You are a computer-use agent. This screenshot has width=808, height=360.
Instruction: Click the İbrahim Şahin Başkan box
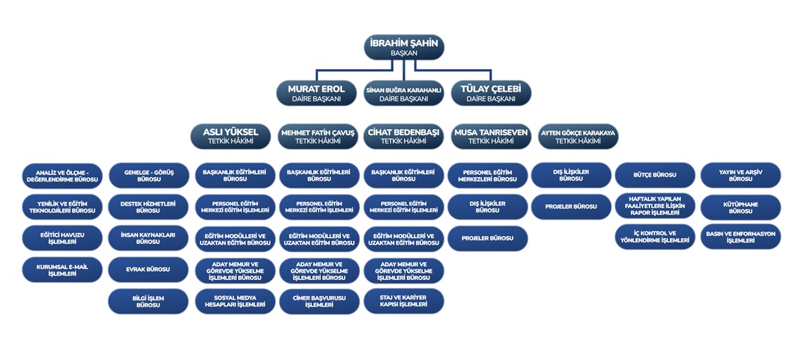[x=403, y=47]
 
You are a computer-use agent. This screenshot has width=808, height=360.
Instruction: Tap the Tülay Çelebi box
[x=490, y=93]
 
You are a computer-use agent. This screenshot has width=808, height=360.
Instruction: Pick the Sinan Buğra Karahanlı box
[x=403, y=93]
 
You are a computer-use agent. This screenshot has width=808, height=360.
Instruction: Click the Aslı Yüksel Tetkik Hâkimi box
[x=230, y=136]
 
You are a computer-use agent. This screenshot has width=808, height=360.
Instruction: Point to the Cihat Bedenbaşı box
[x=403, y=136]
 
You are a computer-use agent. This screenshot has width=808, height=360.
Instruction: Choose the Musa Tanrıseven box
[x=490, y=136]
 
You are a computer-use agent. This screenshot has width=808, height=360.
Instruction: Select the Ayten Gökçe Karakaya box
[x=577, y=136]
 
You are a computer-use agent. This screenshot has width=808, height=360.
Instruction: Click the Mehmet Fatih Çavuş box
[x=317, y=136]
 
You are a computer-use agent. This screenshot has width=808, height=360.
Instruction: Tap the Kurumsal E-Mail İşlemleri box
[x=62, y=270]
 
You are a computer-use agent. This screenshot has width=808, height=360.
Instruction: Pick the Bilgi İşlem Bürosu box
[x=148, y=300]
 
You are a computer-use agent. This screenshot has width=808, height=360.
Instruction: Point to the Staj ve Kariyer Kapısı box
[x=403, y=300]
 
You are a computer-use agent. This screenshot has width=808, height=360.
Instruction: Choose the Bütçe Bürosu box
[x=654, y=175]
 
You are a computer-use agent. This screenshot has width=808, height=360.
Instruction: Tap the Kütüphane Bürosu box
[x=740, y=206]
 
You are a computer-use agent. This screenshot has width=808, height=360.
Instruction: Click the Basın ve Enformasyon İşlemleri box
[x=740, y=237]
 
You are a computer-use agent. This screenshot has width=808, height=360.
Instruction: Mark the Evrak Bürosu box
[x=148, y=270]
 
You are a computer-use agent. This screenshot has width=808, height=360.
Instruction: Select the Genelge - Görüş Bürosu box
[x=148, y=175]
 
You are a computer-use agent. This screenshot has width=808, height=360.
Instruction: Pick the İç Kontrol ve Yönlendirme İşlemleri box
[x=654, y=237]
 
